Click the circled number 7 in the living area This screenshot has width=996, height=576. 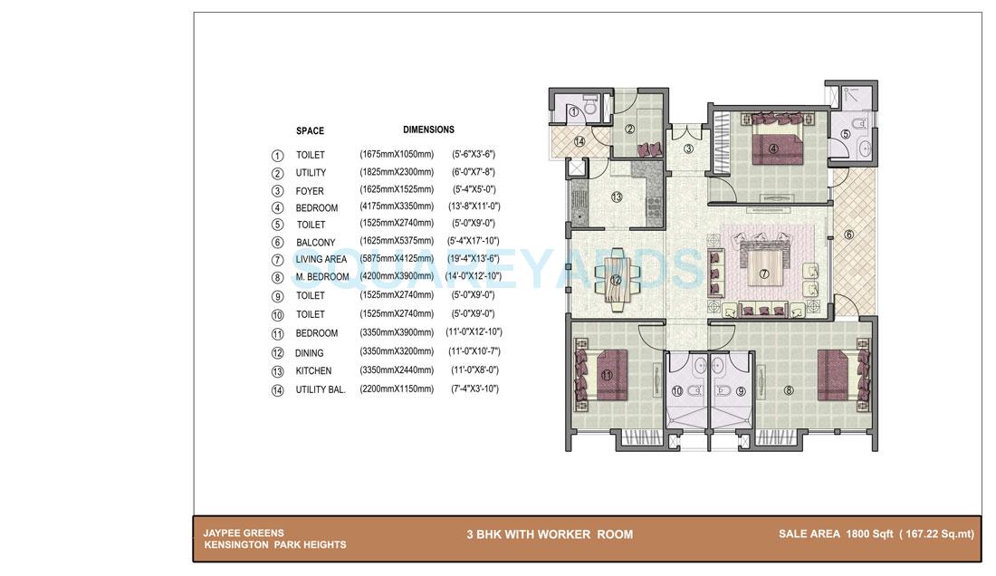tap(763, 274)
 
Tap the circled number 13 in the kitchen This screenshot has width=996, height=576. tap(617, 197)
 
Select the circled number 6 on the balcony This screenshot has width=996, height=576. tap(848, 235)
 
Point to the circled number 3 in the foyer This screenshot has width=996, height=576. tap(688, 149)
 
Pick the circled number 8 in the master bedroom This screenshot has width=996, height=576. tap(788, 391)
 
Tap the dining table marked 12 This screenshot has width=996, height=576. tap(616, 280)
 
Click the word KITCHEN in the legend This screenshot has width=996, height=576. tap(313, 371)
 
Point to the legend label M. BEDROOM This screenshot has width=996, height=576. tap(321, 277)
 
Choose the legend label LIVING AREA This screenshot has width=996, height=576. tap(321, 260)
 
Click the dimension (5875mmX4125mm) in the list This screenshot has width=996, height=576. tap(397, 259)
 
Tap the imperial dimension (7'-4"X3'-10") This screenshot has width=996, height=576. tap(474, 389)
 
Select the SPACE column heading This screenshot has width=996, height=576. tap(310, 131)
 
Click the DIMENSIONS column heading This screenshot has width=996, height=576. tap(428, 130)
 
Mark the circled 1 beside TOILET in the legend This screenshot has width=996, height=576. tap(277, 156)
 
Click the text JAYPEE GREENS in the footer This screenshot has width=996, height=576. tap(243, 533)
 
